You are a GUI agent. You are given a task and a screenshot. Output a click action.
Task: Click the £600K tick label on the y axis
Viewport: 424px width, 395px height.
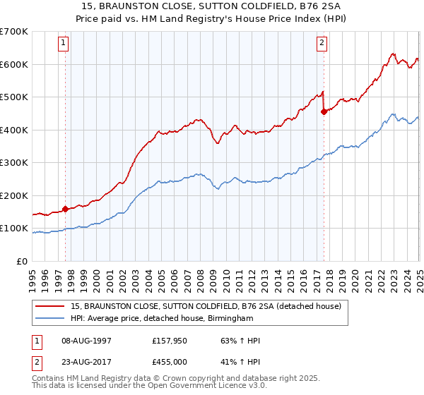13,64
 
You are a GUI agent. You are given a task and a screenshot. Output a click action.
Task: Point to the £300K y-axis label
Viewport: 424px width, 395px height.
13,163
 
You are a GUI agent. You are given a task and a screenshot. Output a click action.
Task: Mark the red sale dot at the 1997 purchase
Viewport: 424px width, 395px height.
65,209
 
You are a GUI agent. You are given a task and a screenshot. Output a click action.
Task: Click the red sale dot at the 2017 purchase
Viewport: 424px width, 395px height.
324,111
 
